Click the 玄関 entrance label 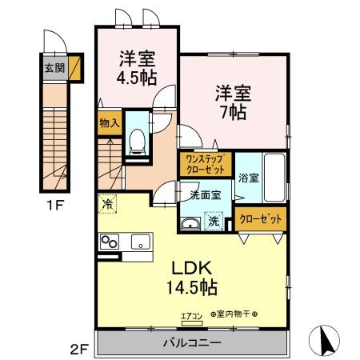pyautogui.click(x=50, y=66)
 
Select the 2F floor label pyautogui.click(x=78, y=349)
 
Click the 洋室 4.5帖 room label pyautogui.click(x=137, y=67)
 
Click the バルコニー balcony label pyautogui.click(x=191, y=342)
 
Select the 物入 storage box pyautogui.click(x=110, y=123)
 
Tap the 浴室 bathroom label pyautogui.click(x=247, y=178)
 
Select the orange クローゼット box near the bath pyautogui.click(x=260, y=218)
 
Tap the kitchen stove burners pyautogui.click(x=110, y=242)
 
